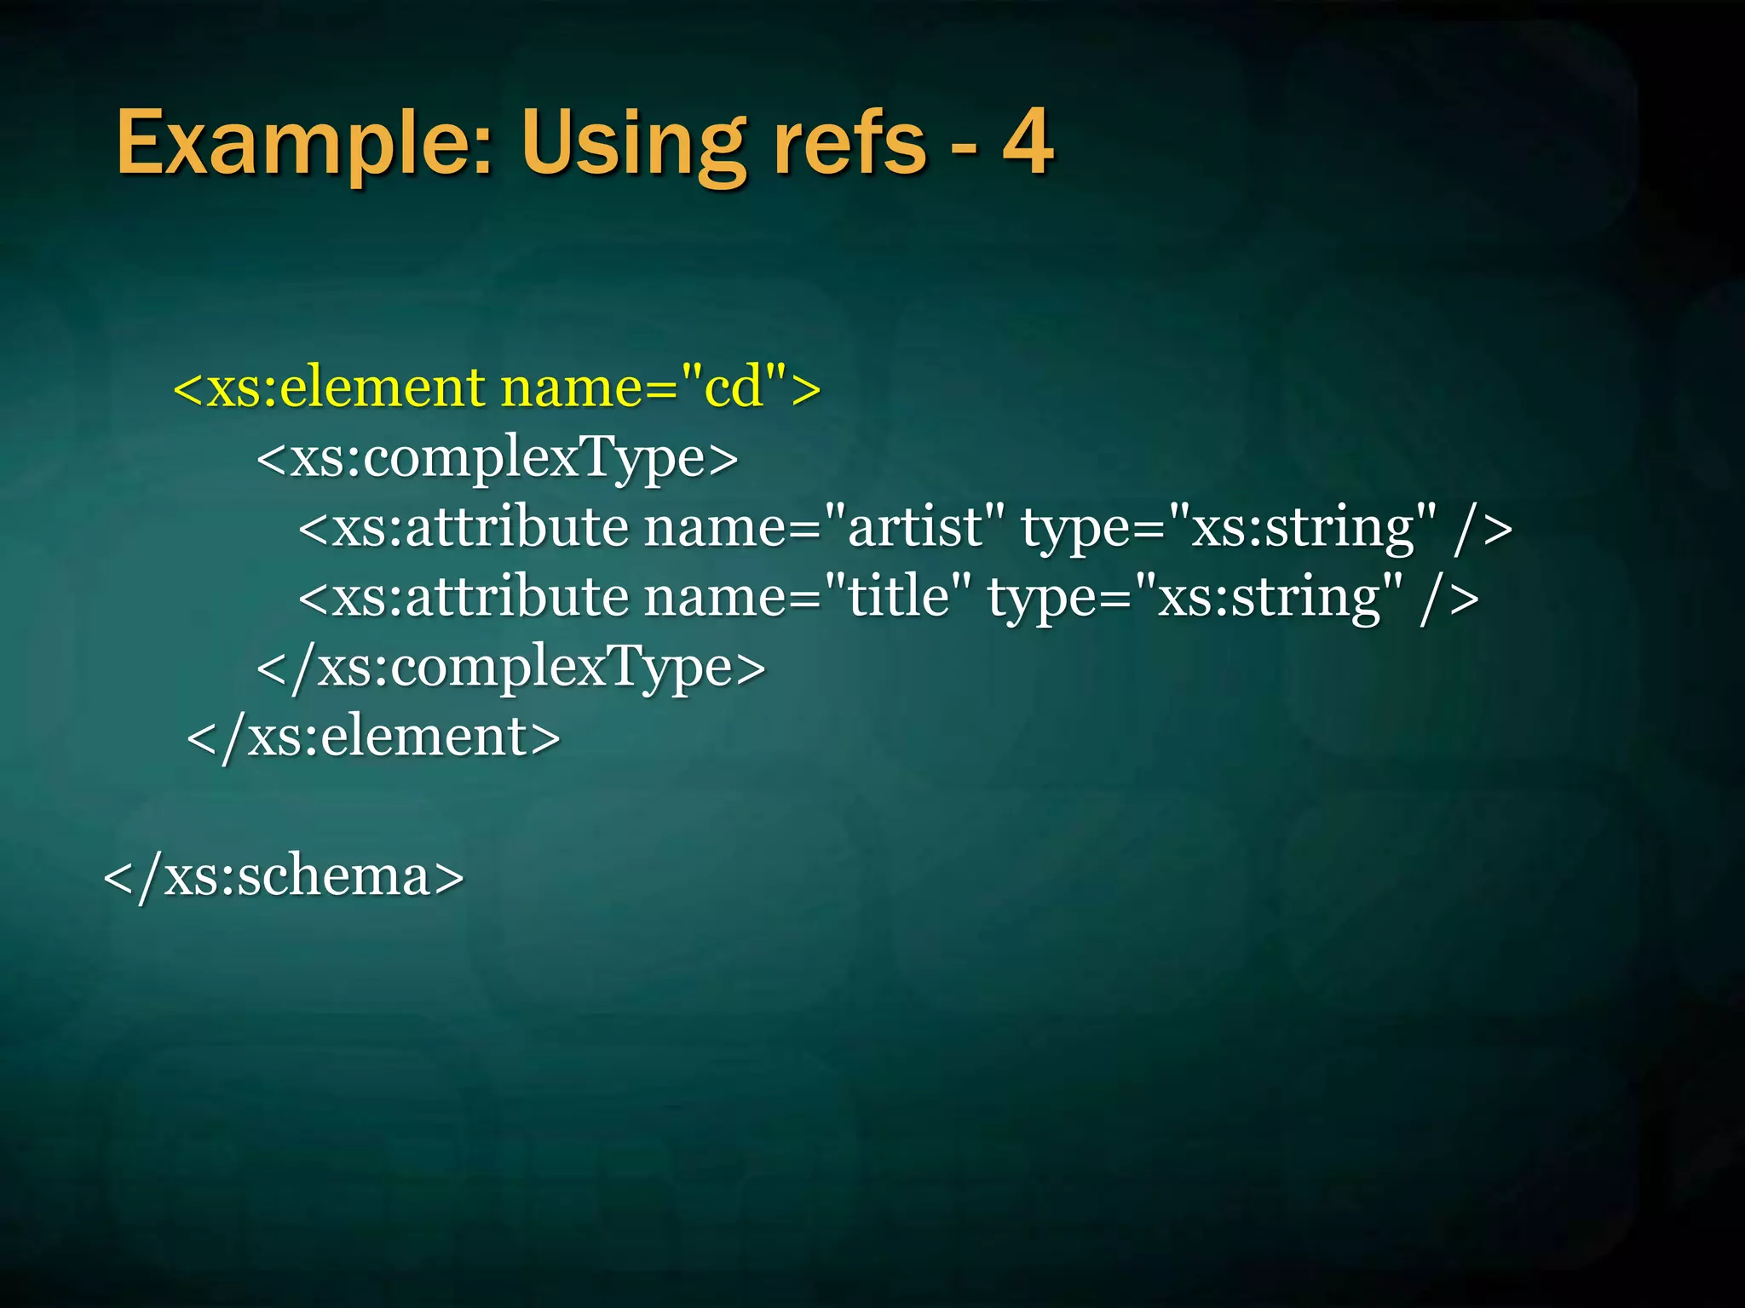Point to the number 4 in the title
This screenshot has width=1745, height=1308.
(x=1028, y=143)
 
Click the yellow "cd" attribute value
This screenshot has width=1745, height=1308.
(x=734, y=387)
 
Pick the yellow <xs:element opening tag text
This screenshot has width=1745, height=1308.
(x=329, y=387)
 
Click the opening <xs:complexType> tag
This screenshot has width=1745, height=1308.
(x=497, y=458)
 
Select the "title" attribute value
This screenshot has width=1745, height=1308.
(x=898, y=596)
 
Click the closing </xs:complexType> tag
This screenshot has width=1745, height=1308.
(x=510, y=667)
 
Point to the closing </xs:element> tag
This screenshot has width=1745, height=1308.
(x=373, y=737)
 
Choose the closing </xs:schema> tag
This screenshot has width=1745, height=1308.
(x=283, y=876)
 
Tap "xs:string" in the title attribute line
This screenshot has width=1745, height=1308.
(x=1269, y=596)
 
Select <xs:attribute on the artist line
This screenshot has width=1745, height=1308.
(x=464, y=527)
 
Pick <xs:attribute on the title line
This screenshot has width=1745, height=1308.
(x=464, y=596)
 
